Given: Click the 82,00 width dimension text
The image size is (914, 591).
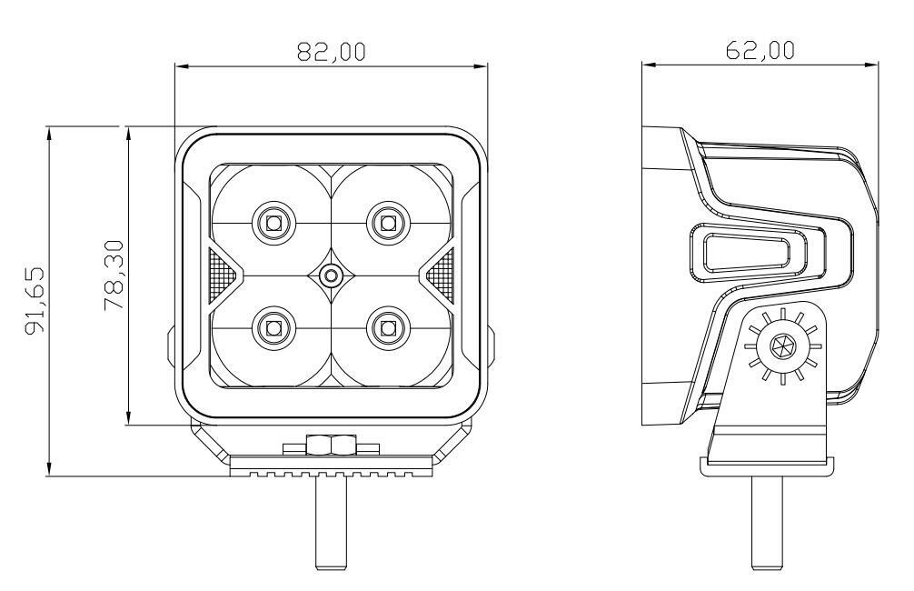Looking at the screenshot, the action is click(331, 51).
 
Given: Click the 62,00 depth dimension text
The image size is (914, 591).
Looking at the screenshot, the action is click(760, 50).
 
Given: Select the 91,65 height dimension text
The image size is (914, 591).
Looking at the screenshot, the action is click(35, 300).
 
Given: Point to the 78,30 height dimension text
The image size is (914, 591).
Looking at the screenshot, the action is click(114, 275).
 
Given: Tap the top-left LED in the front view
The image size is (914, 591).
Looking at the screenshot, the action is click(273, 222).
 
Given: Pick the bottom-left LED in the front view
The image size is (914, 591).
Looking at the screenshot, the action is click(273, 328).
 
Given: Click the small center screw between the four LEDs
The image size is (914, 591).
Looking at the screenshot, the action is click(331, 275).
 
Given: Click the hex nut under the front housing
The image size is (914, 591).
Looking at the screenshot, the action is click(330, 445).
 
